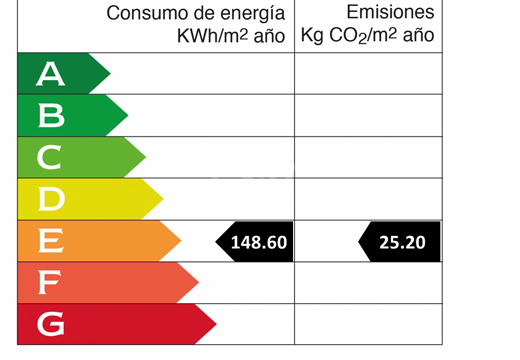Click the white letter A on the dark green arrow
pos(50,74)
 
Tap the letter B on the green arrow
pos(51,116)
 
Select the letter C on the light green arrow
pos(50,158)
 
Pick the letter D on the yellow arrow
pos(51,199)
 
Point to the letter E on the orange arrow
pos(50,241)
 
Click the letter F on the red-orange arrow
pos(49,283)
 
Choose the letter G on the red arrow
pos(50,325)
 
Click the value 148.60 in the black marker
pos(259,242)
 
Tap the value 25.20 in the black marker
pos(402,242)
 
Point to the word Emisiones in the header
pos(390,12)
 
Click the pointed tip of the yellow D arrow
pos(163,199)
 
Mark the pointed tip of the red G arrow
pos(216,324)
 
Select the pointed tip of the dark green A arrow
pos(110,74)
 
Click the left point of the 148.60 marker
pos(216,241)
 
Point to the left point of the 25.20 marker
pos(359,241)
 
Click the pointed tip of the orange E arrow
pos(181,241)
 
